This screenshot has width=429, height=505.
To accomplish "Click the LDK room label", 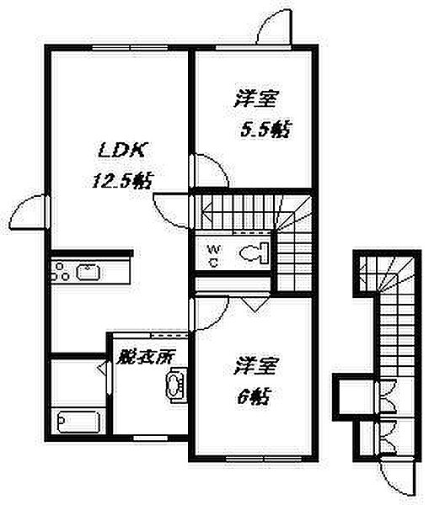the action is [122, 151].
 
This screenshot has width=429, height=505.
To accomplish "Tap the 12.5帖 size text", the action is [122, 181].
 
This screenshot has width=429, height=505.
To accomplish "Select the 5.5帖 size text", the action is [265, 129].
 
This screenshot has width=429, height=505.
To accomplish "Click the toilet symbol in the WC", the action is [255, 253].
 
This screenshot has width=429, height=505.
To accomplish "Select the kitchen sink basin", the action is [88, 273].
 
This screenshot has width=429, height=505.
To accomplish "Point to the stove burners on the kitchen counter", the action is [60, 272].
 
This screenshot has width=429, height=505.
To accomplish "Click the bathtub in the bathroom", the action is [78, 422].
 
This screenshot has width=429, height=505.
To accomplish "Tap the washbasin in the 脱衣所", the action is [176, 385].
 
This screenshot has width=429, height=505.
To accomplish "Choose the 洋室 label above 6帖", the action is [255, 365].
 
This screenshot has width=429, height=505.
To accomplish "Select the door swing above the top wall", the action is [274, 26].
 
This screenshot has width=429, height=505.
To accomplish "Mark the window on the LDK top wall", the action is [130, 48].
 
